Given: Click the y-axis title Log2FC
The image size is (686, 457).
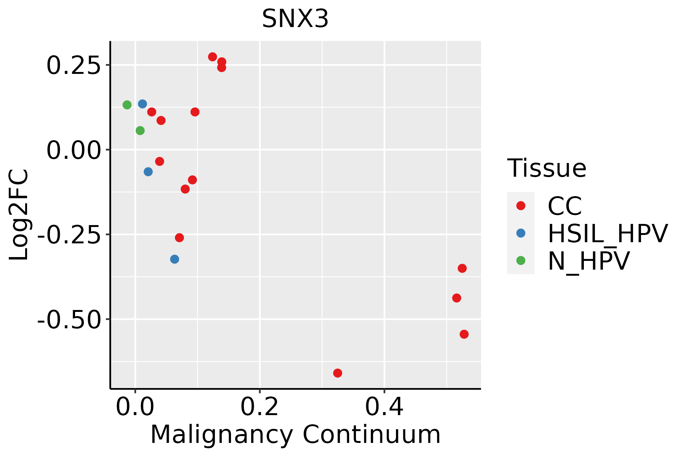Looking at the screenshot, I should click(19, 215).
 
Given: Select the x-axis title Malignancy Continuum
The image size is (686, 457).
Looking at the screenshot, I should click(295, 435).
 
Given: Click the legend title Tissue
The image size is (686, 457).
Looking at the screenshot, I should click(547, 168).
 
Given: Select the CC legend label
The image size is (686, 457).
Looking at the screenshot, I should click(565, 206).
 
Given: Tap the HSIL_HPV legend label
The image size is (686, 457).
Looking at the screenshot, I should click(607, 233).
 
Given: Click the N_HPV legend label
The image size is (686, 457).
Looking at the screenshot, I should click(588, 261).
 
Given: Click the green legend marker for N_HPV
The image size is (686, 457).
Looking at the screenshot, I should click(521, 260).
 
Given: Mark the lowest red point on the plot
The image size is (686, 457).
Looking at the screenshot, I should click(337, 373).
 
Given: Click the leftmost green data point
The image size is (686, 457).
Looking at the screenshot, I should click(127, 105).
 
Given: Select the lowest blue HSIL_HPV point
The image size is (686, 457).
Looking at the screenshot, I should click(175, 259).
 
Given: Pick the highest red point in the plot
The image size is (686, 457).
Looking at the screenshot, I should click(213, 57).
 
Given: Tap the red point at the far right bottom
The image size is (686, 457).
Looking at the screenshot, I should click(464, 334).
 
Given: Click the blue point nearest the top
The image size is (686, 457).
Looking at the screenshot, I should click(143, 104).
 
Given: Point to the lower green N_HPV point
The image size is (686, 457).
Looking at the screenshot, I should click(140, 131).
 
